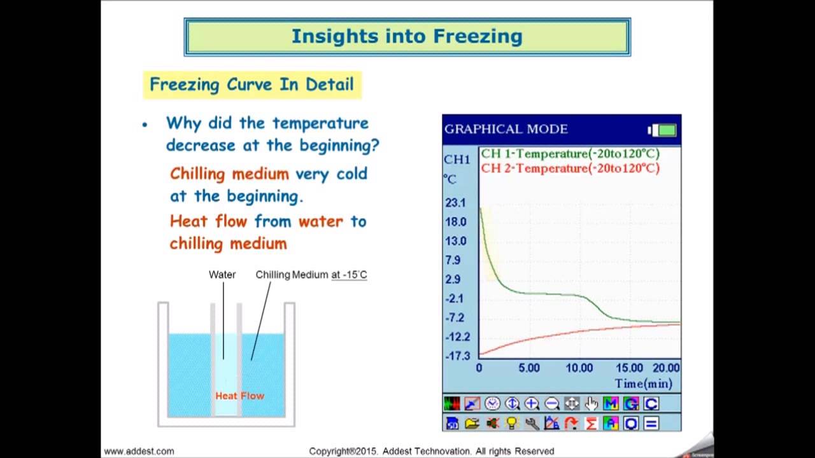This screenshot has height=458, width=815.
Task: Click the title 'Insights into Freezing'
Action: (x=407, y=36)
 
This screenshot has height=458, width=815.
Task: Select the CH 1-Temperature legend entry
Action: (x=570, y=154)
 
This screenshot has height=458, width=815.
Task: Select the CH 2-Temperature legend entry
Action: (x=570, y=169)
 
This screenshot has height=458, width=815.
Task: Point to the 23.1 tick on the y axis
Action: (x=456, y=203)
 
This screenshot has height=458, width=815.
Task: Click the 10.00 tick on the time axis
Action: (x=579, y=368)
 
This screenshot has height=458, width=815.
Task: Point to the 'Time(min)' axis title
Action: (x=643, y=384)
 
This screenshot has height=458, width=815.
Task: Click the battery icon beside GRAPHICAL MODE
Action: (x=662, y=130)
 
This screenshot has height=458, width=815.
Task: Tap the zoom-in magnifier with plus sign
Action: (x=532, y=403)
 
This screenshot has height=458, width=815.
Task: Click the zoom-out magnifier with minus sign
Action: (x=551, y=403)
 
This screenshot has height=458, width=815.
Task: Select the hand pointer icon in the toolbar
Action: (x=592, y=403)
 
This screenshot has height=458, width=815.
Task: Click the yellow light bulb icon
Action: (x=511, y=423)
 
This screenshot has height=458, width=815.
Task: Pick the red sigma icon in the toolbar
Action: (x=591, y=423)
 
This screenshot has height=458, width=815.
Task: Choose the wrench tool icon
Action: (x=532, y=423)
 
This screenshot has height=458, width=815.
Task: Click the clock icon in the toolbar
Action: (x=492, y=403)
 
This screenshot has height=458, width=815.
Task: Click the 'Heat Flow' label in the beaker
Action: (x=239, y=396)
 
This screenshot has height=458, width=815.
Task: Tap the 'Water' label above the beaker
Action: (x=222, y=275)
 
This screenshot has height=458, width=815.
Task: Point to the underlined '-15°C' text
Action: (x=349, y=275)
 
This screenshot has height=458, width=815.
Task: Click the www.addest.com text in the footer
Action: (x=139, y=451)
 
